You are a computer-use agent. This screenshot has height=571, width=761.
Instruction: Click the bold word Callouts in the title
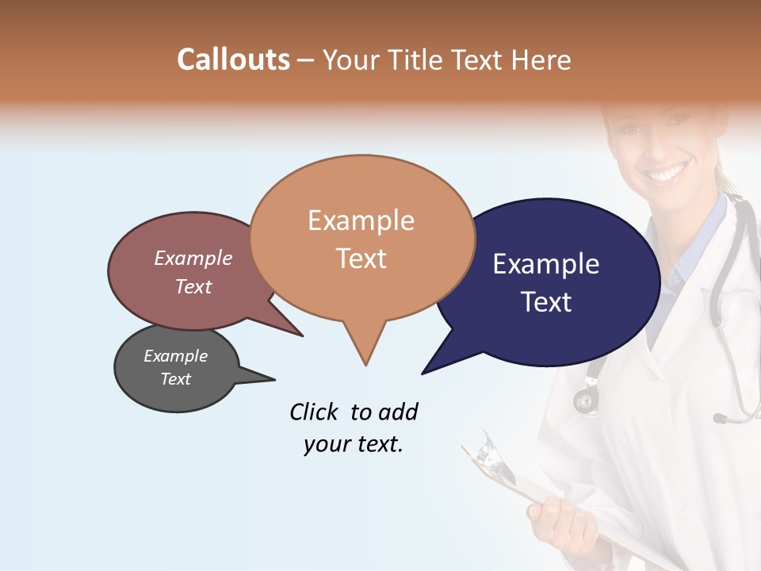point(233,59)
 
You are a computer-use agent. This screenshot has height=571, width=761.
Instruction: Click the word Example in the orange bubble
point(361,220)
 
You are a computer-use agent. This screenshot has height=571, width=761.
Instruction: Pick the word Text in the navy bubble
point(547,302)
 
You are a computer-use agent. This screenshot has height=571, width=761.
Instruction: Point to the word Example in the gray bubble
point(175,356)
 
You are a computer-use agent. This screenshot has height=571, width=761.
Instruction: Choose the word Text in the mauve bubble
point(193,286)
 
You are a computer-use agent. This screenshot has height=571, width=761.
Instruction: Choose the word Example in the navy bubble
point(546,264)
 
